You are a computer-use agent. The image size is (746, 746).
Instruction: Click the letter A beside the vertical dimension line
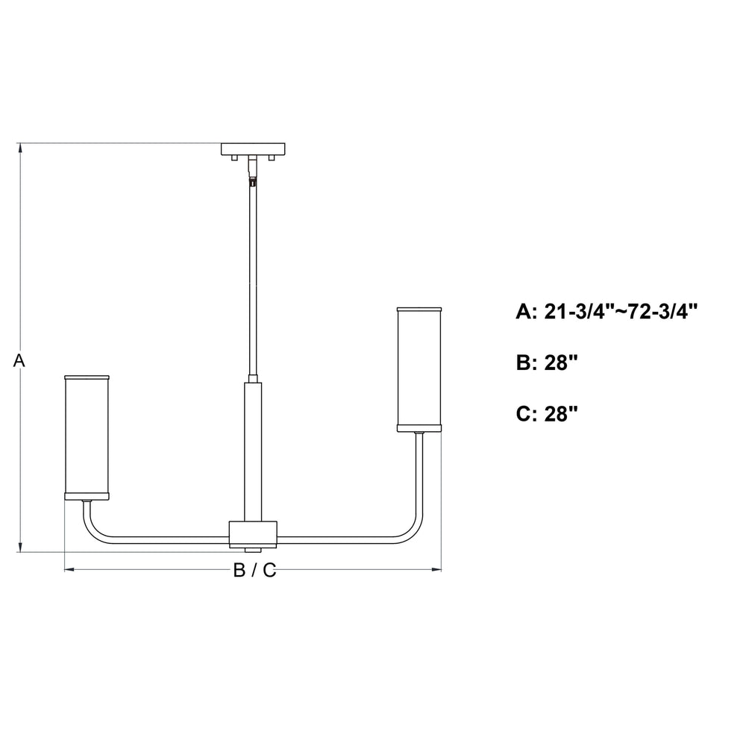(x=19, y=360)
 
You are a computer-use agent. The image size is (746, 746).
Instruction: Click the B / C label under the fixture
(x=254, y=570)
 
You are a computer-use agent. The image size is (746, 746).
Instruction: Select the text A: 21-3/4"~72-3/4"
(x=606, y=312)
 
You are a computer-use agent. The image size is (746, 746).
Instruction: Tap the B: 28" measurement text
(x=547, y=363)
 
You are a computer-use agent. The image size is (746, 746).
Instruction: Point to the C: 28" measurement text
(x=547, y=413)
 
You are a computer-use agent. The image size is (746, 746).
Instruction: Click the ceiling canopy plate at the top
(x=253, y=149)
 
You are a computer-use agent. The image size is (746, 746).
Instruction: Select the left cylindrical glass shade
(x=87, y=437)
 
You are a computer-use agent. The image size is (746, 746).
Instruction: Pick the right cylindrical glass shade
(x=419, y=369)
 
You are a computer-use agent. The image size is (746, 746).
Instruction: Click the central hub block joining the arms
(x=253, y=534)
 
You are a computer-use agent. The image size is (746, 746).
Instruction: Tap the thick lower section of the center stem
(x=253, y=451)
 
